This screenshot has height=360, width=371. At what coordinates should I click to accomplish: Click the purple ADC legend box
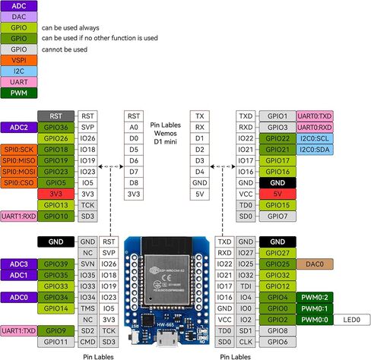pyautogui.click(x=19, y=6)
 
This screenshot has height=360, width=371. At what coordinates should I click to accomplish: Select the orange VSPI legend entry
pyautogui.click(x=19, y=60)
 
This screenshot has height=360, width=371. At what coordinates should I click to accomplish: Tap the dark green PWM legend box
pyautogui.click(x=19, y=93)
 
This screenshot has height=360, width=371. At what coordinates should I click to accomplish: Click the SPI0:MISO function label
pyautogui.click(x=19, y=160)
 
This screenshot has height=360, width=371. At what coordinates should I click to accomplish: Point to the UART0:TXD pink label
pyautogui.click(x=315, y=116)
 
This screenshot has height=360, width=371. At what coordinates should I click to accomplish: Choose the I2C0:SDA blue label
pyautogui.click(x=315, y=150)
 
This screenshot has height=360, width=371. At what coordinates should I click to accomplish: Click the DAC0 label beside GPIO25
pyautogui.click(x=315, y=264)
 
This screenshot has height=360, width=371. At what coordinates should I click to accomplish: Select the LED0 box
pyautogui.click(x=352, y=320)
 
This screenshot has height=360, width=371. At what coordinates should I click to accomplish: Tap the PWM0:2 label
pyautogui.click(x=315, y=298)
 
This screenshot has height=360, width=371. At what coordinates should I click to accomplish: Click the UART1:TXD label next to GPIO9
pyautogui.click(x=19, y=330)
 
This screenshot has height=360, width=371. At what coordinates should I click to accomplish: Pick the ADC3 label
pyautogui.click(x=19, y=264)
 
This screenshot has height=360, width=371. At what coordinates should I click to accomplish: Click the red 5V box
pyautogui.click(x=277, y=194)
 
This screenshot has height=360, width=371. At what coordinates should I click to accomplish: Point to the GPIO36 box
pyautogui.click(x=55, y=127)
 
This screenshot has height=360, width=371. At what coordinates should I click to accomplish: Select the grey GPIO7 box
pyautogui.click(x=277, y=216)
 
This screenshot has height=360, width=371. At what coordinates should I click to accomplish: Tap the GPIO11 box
pyautogui.click(x=55, y=342)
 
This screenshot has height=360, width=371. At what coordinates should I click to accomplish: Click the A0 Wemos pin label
pyautogui.click(x=134, y=127)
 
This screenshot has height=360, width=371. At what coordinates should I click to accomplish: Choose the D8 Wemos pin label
pyautogui.click(x=134, y=183)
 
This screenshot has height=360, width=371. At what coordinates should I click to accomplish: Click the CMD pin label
pyautogui.click(x=87, y=342)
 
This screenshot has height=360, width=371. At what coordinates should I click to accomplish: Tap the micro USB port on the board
pyautogui.click(x=166, y=338)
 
